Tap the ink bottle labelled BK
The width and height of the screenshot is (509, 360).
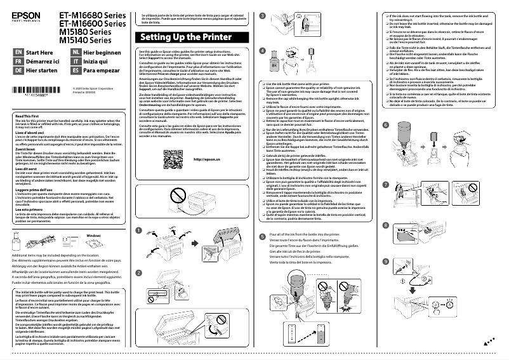coord(274,64)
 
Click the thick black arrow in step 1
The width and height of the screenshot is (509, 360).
coord(193,225)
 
